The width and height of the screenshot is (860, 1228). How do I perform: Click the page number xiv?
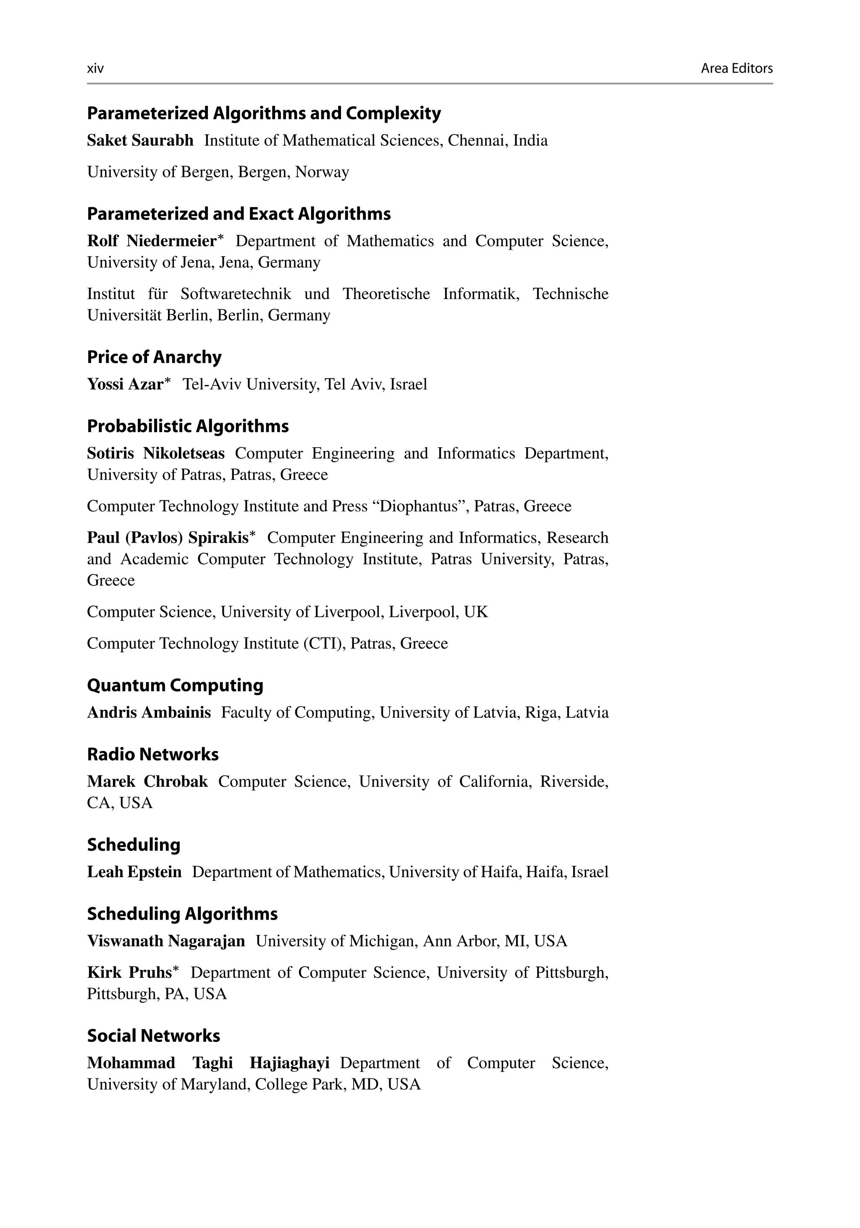tap(95, 69)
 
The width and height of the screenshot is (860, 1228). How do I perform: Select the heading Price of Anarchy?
tap(154, 357)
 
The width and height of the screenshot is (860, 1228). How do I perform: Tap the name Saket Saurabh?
tap(140, 141)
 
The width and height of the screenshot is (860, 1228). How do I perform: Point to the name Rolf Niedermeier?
tap(151, 241)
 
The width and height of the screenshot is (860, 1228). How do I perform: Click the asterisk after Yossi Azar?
tap(168, 381)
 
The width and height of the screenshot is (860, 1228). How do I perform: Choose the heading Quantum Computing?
tap(175, 685)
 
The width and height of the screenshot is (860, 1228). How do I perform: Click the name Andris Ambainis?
tap(149, 712)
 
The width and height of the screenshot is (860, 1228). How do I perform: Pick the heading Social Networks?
tap(153, 1036)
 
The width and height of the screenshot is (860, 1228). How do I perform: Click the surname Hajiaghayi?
tap(289, 1063)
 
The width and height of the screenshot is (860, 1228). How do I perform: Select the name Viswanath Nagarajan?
tap(166, 941)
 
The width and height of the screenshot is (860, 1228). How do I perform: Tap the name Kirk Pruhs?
tap(129, 972)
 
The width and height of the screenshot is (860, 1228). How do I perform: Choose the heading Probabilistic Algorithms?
tap(188, 426)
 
